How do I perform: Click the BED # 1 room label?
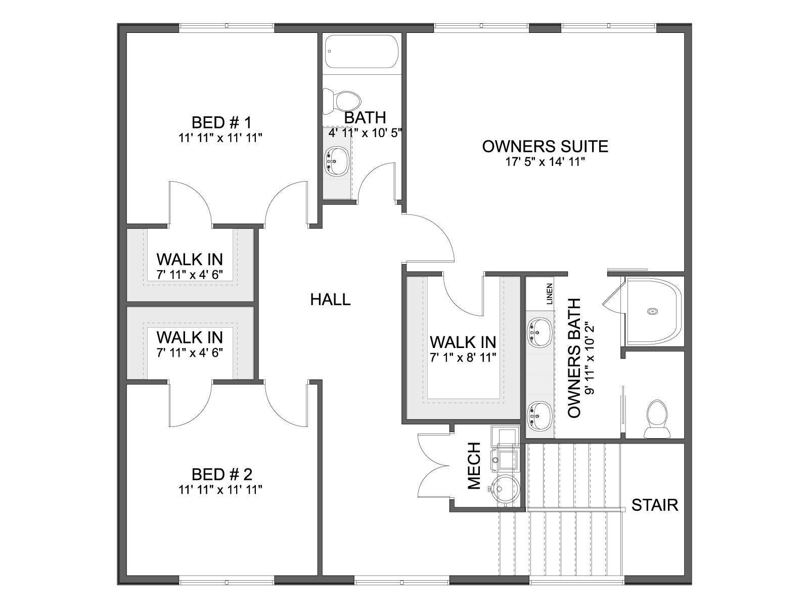tap(221, 122)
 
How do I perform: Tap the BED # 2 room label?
tap(222, 474)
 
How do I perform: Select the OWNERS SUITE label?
tap(545, 146)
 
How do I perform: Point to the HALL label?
tap(330, 299)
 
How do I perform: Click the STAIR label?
tap(655, 505)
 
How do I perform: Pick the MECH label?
tap(474, 466)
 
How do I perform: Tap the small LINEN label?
tap(550, 294)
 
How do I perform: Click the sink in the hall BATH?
tap(336, 161)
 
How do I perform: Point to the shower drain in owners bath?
tap(652, 312)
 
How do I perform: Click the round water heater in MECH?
tap(506, 489)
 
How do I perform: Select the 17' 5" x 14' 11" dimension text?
tap(545, 162)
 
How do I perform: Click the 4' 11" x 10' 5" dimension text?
tap(365, 133)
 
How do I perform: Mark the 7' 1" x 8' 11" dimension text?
tap(463, 357)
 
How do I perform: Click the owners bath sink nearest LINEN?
tap(540, 332)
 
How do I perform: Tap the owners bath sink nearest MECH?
tap(540, 416)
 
